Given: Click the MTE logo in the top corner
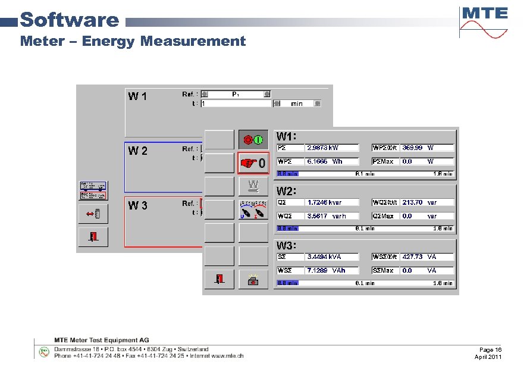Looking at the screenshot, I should click(x=484, y=21).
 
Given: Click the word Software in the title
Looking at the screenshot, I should click(x=70, y=20).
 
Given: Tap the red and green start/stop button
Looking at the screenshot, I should click(x=253, y=140).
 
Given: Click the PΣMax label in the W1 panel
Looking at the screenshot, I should click(x=383, y=161).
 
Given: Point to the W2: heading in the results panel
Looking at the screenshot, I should click(x=286, y=191).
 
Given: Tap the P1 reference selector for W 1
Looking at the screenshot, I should click(x=236, y=93).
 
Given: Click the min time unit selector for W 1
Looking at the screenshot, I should click(x=297, y=104).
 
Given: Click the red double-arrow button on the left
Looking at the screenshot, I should click(x=93, y=213).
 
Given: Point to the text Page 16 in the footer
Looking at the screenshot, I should click(x=490, y=349).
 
